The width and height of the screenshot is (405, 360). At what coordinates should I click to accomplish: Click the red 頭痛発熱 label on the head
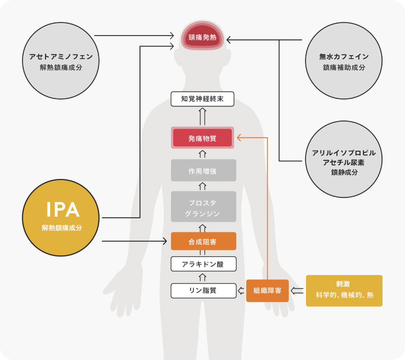pos(202,38)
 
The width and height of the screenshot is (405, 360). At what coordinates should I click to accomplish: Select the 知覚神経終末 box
pos(202,99)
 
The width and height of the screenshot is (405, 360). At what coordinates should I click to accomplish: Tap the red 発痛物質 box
pos(202,138)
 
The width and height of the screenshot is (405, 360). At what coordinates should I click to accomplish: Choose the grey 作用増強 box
pos(202,171)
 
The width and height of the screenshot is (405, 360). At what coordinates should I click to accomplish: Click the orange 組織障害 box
pos(267,291)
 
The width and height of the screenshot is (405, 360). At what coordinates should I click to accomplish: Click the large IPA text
pos(63,210)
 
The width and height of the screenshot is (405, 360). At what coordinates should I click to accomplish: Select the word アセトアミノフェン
pos(61,57)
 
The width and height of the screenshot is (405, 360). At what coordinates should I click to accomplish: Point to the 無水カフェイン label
pos(344,57)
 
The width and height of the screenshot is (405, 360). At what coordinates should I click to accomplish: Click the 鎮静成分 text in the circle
pos(344,172)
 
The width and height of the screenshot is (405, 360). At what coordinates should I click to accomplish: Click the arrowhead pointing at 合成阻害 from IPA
pos(165,241)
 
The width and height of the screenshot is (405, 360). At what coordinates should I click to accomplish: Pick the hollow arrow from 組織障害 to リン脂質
pos(241,290)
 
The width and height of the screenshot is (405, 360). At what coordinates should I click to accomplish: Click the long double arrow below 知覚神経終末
pos(202,116)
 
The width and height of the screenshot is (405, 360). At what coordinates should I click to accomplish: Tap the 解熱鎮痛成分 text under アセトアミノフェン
pos(61,68)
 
